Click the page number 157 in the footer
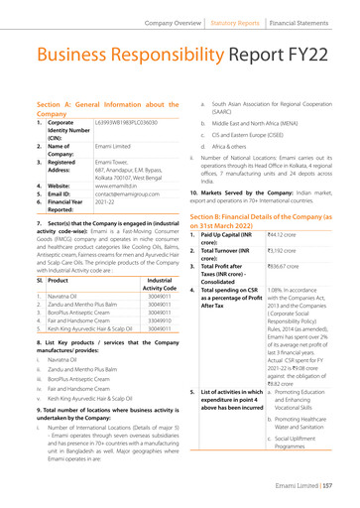pyautogui.click(x=347, y=498)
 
